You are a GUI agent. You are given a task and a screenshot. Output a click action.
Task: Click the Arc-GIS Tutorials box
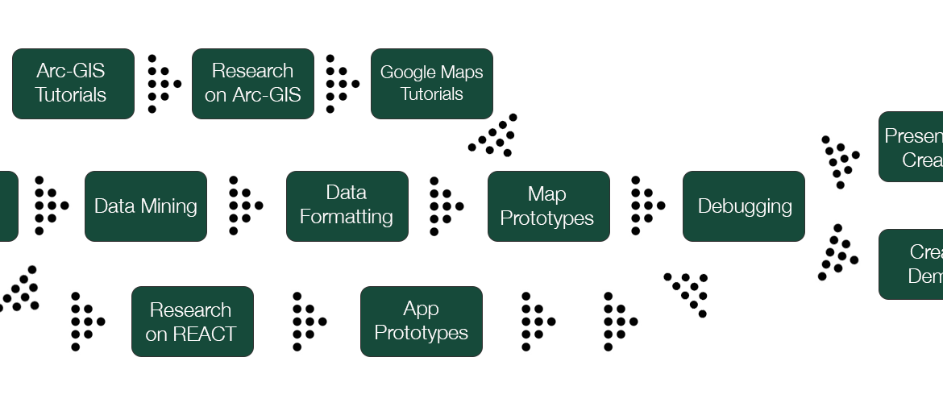coord(73,83)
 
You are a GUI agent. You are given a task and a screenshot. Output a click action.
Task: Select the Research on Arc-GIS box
coord(252,83)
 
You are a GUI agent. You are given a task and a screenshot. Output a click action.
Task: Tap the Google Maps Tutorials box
coord(431,83)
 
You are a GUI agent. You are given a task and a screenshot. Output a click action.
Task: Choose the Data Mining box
coord(145,206)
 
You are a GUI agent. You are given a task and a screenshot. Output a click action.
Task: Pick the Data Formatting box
coord(347,206)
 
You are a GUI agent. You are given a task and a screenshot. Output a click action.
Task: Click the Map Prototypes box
coord(548,206)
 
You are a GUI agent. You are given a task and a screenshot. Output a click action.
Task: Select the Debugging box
coord(743,206)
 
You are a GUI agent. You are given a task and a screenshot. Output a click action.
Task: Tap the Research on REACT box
coord(192,321)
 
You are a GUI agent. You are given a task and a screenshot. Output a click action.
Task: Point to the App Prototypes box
coord(421,321)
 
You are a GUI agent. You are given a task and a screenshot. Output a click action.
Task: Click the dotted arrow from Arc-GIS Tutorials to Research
coord(163,83)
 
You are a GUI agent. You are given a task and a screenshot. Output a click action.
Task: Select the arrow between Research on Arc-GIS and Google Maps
coord(341,83)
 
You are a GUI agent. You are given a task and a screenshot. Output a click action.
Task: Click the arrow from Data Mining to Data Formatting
coord(244,206)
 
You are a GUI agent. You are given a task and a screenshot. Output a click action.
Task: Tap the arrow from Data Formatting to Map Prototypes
coord(445,206)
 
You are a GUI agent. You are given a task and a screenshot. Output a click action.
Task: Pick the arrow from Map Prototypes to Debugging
coord(646,206)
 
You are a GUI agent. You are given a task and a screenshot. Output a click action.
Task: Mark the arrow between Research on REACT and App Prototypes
coord(308,321)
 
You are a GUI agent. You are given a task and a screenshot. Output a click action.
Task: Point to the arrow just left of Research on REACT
coord(86,321)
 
